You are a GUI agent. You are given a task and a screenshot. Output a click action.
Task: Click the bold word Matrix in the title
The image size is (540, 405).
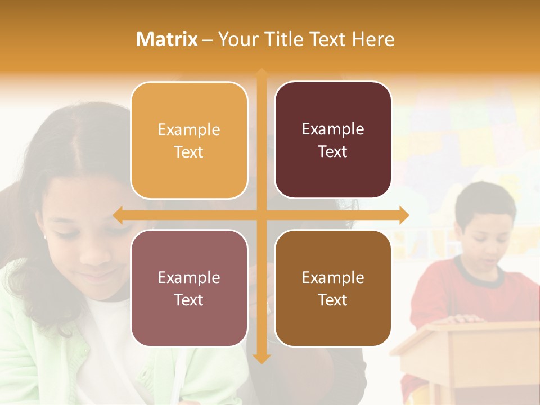166,39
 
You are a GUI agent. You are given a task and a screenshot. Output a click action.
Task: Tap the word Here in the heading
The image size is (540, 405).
373,39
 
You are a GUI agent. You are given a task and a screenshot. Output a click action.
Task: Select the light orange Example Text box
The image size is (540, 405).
189,140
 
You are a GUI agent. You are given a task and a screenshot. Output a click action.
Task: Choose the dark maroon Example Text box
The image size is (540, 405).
333,140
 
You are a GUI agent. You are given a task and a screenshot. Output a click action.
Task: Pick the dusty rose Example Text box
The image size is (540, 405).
189,288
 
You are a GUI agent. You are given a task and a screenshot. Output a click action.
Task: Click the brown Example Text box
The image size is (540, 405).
333,288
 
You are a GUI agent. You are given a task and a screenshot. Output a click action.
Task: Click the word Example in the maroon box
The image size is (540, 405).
333,129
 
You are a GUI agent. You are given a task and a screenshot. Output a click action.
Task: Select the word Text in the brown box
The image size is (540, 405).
333,300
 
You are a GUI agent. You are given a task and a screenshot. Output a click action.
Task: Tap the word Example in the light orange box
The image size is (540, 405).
189,129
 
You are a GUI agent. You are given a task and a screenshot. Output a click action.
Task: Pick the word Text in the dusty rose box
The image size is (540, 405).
189,300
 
